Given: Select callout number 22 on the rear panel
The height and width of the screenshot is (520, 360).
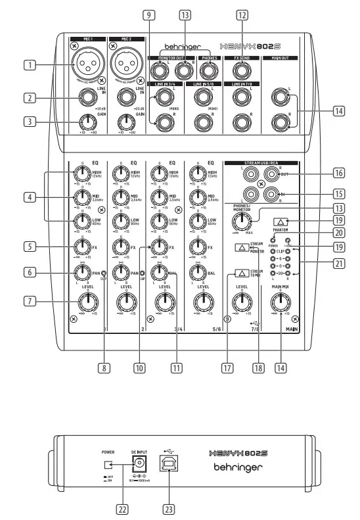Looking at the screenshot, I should (122, 509).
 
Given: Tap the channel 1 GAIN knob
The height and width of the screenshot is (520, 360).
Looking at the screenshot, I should (85, 121).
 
